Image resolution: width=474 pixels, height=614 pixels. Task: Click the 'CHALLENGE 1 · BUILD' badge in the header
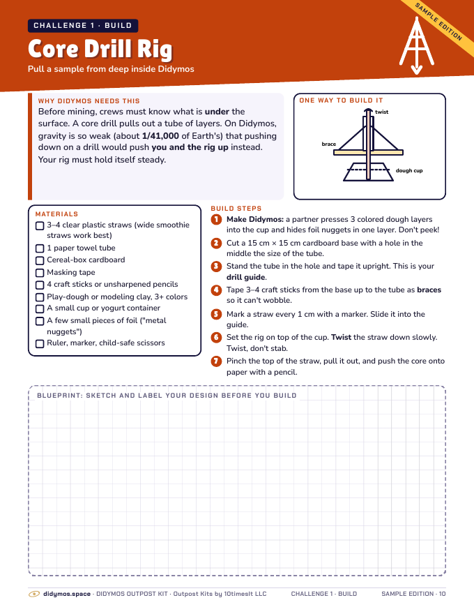83,25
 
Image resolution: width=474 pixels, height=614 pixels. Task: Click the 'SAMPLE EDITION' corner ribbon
438,22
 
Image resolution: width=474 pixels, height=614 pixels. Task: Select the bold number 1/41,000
160,136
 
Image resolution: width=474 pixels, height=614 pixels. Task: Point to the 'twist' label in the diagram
382,112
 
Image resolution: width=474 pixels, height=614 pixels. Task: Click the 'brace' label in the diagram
329,144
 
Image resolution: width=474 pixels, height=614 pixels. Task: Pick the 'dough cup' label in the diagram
409,171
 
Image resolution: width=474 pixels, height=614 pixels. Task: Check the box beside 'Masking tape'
40,273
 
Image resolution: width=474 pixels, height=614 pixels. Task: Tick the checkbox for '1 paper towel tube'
40,248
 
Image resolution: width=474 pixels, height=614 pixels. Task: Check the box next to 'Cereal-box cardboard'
40,260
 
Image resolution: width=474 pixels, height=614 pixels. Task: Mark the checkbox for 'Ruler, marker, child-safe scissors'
40,343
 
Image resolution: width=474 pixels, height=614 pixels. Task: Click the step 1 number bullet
216,219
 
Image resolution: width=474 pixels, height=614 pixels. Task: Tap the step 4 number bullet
216,290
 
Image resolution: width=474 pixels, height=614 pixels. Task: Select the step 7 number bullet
216,361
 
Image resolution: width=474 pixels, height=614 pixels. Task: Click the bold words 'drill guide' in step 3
246,277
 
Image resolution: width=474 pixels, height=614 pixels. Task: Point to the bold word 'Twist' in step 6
341,337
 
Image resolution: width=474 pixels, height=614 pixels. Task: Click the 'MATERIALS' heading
56,214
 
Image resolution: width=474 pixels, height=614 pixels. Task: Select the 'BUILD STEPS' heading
236,209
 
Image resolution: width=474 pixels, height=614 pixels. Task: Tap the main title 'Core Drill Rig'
100,50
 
